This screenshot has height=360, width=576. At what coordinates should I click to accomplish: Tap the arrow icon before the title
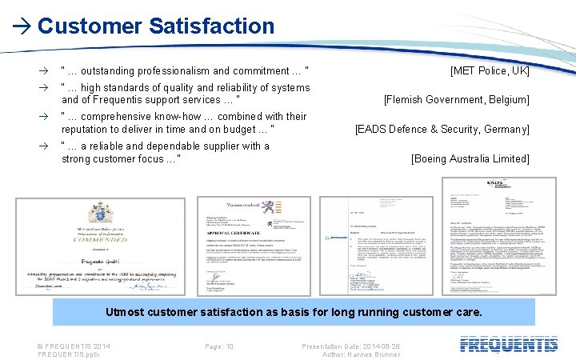click(x=22, y=26)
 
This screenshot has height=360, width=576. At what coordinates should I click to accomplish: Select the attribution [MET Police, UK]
click(x=490, y=71)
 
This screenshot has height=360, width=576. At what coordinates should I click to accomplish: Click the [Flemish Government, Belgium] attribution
click(x=456, y=100)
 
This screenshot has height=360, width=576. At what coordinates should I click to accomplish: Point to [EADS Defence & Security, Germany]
click(x=442, y=130)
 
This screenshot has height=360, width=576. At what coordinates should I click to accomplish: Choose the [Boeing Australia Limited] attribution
click(x=470, y=158)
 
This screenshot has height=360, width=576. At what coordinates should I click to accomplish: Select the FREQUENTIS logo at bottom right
click(x=509, y=345)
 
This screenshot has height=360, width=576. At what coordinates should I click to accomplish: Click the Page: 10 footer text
click(x=219, y=346)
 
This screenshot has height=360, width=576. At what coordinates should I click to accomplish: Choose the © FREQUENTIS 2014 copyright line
click(x=74, y=346)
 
